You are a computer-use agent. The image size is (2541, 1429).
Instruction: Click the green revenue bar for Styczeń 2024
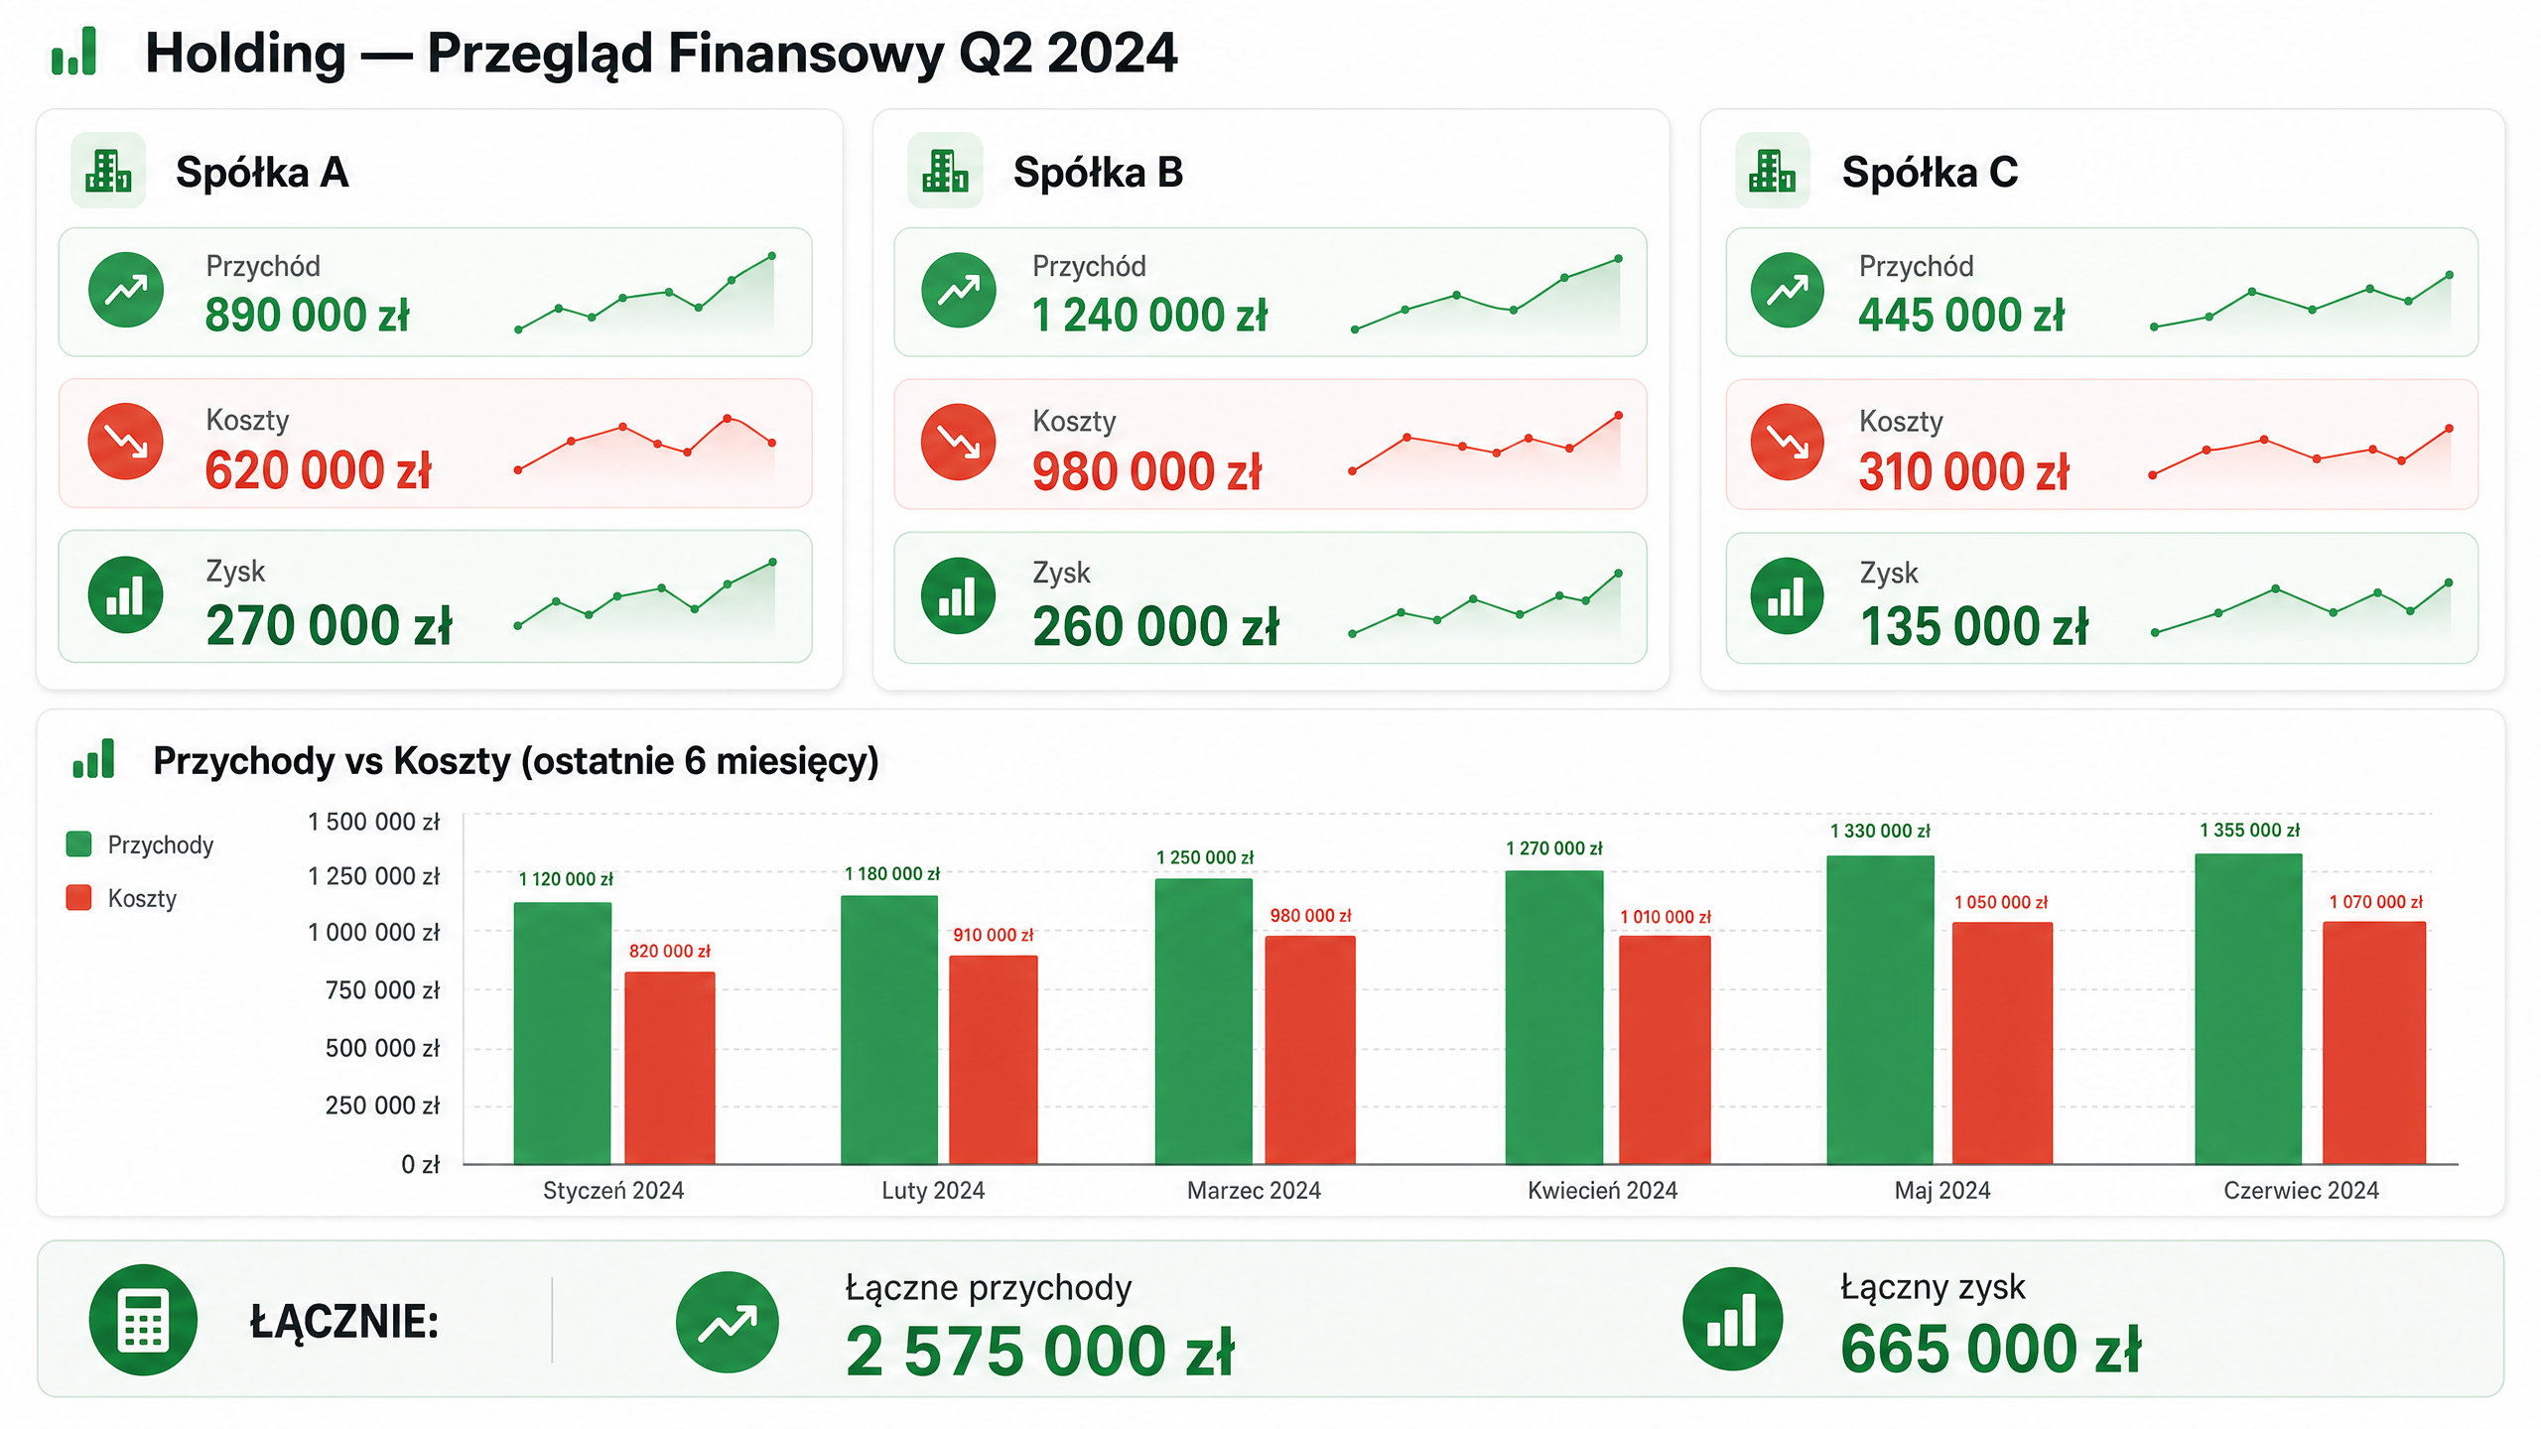tap(563, 1033)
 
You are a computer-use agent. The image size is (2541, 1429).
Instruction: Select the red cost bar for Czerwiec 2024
tap(2373, 1043)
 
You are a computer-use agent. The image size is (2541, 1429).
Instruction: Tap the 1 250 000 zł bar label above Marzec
tap(1205, 857)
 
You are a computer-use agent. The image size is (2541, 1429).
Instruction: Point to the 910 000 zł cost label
tap(993, 935)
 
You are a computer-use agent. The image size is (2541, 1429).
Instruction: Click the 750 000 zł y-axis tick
tap(382, 989)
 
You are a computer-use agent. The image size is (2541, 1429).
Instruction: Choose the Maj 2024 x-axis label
tap(1941, 1190)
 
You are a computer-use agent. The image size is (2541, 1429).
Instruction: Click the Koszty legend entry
tap(121, 898)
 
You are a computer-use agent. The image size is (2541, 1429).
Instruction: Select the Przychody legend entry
tap(140, 844)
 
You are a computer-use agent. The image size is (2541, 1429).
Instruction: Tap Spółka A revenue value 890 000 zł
tap(307, 316)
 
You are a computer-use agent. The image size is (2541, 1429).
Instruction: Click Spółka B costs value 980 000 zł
tap(1146, 471)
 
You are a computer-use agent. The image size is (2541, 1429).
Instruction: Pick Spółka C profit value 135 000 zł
tap(1973, 627)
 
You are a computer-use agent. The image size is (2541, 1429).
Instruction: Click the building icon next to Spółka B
tap(945, 171)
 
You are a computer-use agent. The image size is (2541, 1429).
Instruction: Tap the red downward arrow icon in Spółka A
tap(126, 442)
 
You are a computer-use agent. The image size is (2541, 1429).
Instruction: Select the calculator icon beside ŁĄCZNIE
tap(143, 1320)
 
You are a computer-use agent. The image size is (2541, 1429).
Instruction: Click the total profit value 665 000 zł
tap(1990, 1350)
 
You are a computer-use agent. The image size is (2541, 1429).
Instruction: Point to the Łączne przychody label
tap(989, 1287)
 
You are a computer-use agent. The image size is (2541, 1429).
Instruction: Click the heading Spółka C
tap(1930, 173)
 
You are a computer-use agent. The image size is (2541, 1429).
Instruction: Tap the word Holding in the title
tap(245, 54)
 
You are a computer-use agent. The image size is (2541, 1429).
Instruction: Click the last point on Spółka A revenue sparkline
tap(772, 256)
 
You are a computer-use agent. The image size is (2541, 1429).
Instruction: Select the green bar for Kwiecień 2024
tap(1553, 1017)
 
